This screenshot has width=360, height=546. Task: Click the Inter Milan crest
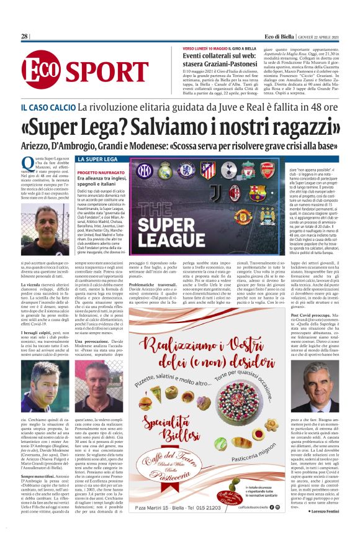point(144,170)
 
